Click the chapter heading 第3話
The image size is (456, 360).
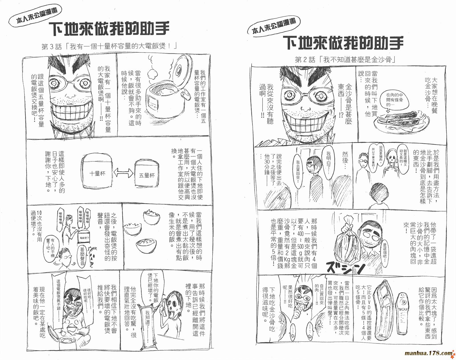109,46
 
